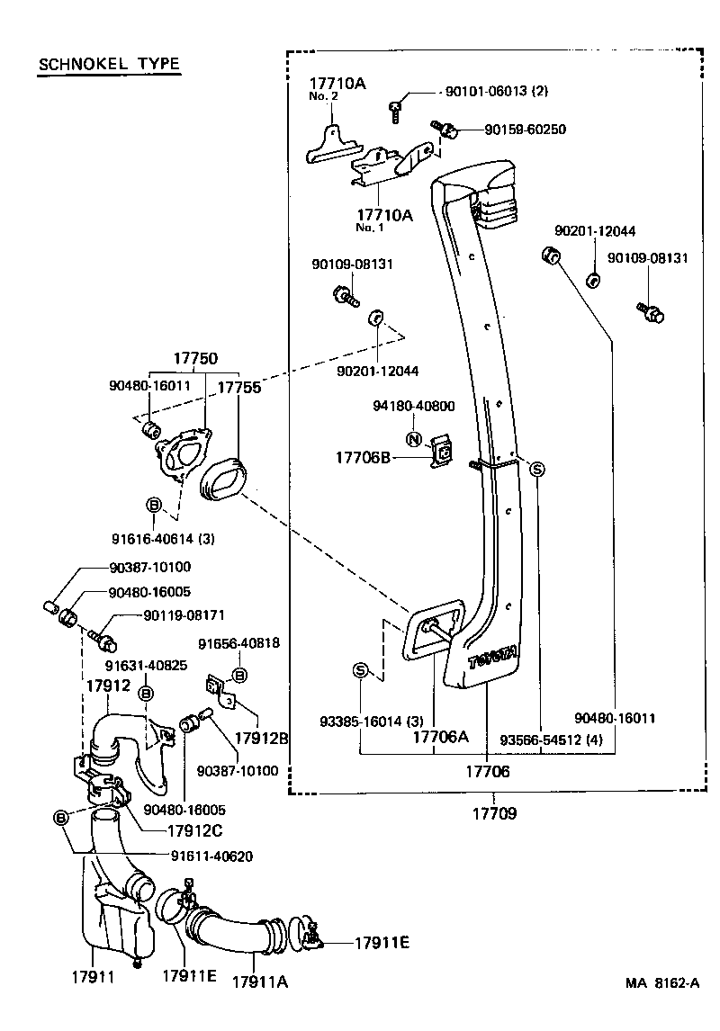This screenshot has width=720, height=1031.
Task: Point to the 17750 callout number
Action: coord(195,358)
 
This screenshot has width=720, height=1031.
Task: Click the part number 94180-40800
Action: coord(413,407)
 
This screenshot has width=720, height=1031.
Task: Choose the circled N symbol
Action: coord(413,440)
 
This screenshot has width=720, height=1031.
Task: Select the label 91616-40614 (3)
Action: coord(163,539)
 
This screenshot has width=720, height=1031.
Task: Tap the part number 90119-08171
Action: coord(184,615)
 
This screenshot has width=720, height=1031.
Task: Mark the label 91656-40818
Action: coord(238,643)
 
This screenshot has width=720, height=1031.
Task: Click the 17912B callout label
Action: coord(261,739)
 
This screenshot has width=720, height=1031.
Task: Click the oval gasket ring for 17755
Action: coord(222,477)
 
